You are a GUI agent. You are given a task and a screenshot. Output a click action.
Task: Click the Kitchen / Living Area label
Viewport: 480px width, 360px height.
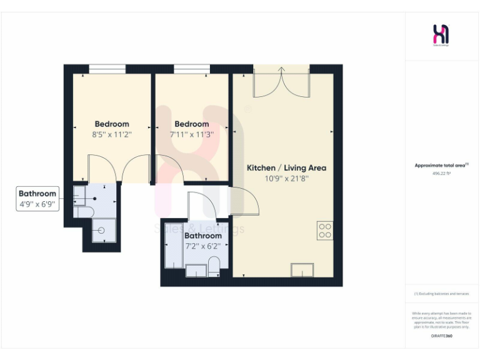pos(286,168)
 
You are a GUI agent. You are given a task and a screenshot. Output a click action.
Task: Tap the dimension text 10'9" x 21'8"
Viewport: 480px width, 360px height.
pos(286,179)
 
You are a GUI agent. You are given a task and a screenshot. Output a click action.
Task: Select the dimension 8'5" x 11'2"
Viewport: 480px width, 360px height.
pos(112,134)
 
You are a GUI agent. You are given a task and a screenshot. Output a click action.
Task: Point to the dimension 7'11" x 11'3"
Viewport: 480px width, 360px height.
pos(192,134)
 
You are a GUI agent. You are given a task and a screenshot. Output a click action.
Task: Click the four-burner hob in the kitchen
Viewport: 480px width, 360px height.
pos(324,231)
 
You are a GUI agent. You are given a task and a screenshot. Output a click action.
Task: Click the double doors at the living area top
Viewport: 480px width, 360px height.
pos(281,81)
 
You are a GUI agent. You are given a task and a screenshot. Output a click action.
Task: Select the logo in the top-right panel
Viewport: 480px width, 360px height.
pos(441,35)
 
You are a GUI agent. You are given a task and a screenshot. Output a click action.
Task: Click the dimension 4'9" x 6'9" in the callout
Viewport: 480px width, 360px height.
pos(37,204)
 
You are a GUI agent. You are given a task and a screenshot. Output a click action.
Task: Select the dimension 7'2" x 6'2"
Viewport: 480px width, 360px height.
pos(202,246)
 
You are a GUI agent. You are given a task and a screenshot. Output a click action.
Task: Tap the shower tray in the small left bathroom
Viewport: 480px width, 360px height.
pos(102,231)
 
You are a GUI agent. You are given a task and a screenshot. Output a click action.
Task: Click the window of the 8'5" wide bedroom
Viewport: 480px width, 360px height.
pos(107,69)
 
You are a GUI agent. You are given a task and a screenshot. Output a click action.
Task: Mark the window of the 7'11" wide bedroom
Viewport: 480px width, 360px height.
pos(191,69)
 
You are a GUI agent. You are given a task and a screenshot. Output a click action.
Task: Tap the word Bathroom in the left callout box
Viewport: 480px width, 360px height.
pos(37,194)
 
